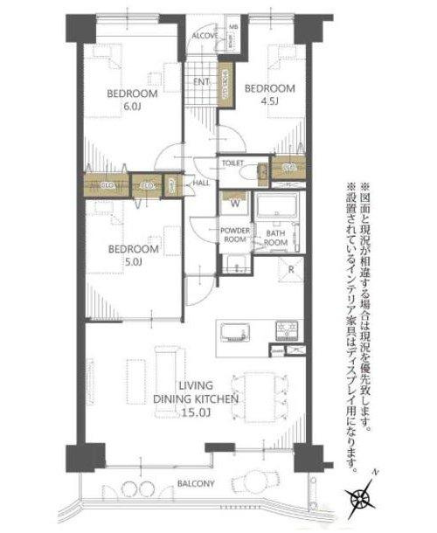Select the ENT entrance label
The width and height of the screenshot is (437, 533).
pyautogui.click(x=200, y=82)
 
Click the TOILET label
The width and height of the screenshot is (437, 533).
pyautogui.click(x=232, y=163)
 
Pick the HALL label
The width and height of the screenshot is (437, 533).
pyautogui.click(x=199, y=183)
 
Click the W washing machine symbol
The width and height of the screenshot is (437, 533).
pyautogui.click(x=233, y=204)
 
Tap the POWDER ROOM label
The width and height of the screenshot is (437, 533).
pyautogui.click(x=234, y=235)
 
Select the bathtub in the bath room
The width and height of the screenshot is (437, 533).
pyautogui.click(x=277, y=210)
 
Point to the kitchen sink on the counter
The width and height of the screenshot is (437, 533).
pyautogui.click(x=234, y=331)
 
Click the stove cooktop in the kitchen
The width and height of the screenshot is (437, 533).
pyautogui.click(x=286, y=331)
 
